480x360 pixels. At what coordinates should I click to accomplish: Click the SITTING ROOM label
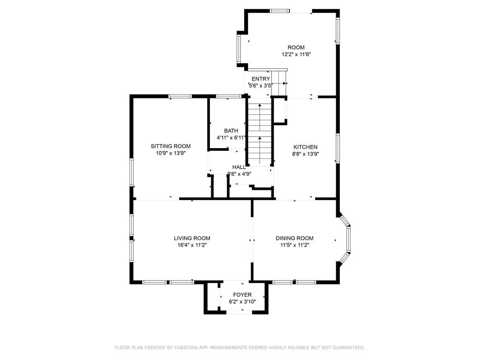coord(171,146)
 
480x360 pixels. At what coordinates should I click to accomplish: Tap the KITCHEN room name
coord(305,147)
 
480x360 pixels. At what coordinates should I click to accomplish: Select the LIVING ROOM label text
coord(192,238)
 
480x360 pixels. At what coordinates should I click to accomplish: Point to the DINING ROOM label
coord(294,238)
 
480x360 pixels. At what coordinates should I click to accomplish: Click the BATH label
coord(231,131)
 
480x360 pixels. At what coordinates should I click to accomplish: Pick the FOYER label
coord(242,295)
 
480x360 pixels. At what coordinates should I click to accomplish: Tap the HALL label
coord(239,167)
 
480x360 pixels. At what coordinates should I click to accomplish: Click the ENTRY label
coord(261,79)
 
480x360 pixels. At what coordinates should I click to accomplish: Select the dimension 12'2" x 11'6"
coord(296,54)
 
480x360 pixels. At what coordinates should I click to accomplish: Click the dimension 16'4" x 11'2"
coord(192,245)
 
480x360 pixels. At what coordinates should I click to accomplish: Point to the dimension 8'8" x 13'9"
coord(305,154)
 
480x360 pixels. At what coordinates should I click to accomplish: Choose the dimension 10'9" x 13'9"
coord(171,153)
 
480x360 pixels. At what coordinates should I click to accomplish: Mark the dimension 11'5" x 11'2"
coord(294,245)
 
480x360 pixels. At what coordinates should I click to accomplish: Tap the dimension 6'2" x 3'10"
coord(242,302)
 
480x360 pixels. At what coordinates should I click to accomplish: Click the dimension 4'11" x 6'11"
coord(231,138)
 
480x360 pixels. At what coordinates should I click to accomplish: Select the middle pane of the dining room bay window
coord(348,240)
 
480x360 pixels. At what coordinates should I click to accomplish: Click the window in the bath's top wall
coord(228,97)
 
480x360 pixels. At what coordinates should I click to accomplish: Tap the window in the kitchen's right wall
coord(337,148)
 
